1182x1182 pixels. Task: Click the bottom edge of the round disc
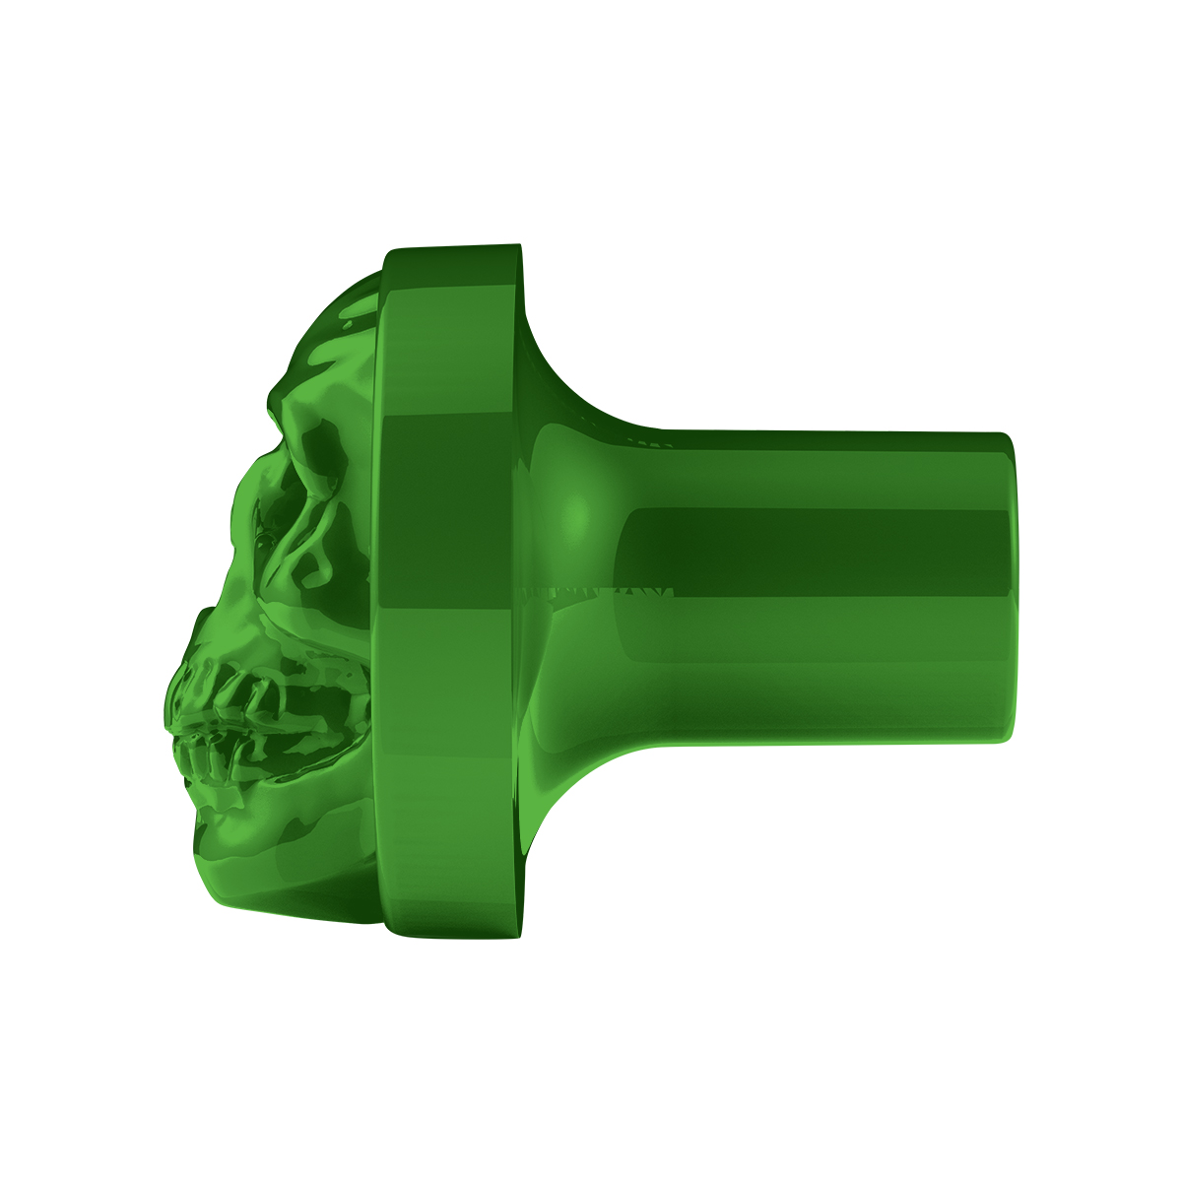453,933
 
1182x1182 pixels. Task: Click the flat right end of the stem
1007,586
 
